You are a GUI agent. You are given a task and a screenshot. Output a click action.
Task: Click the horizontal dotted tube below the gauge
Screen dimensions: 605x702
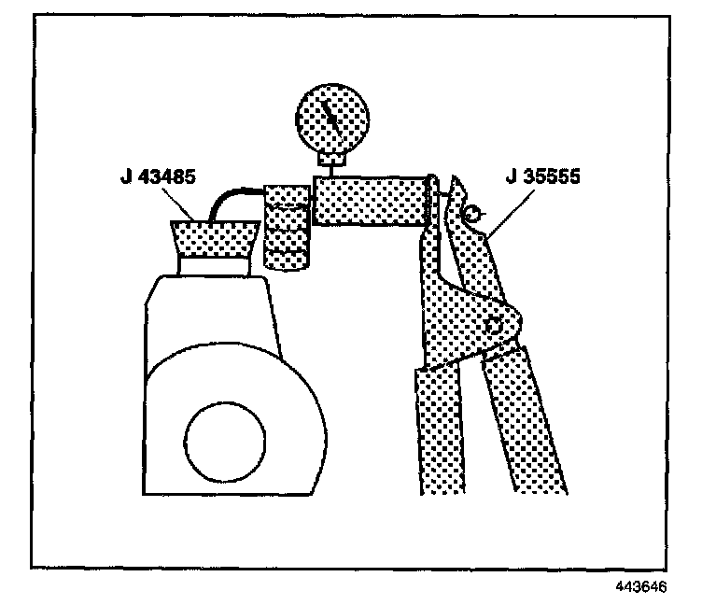(368, 200)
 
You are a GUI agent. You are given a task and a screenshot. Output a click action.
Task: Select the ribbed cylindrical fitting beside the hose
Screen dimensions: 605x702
(286, 226)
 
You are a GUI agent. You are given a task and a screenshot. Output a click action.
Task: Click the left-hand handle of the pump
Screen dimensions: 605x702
(439, 429)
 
